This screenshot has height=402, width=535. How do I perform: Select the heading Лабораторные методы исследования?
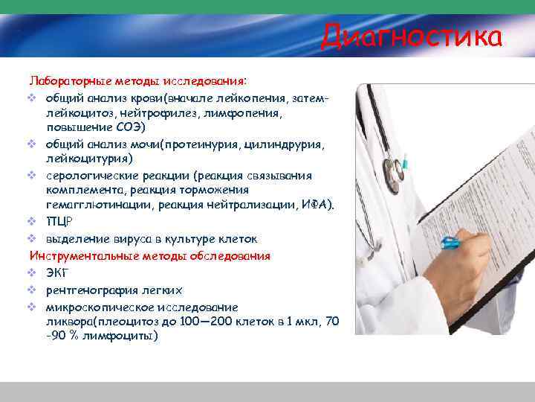(139, 80)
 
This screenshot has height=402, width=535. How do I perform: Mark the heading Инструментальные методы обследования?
(149, 256)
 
